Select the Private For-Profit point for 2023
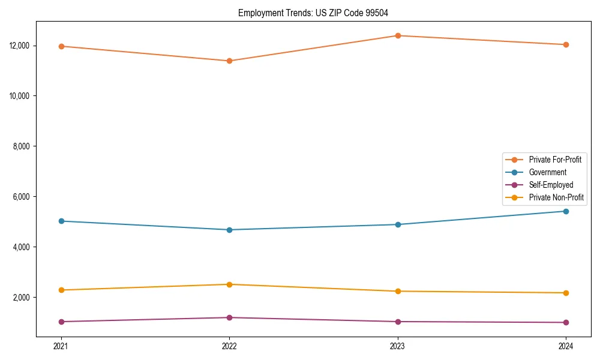tap(397, 35)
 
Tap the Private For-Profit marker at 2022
tap(229, 61)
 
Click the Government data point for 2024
tap(566, 211)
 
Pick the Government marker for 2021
tap(61, 221)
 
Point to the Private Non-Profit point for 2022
tap(229, 284)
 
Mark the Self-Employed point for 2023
tap(397, 322)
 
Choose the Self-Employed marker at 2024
tap(566, 322)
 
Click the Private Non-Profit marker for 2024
tap(566, 293)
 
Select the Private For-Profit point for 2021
tap(61, 46)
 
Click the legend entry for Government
tap(547, 172)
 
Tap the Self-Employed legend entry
tap(551, 185)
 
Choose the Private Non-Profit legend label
tap(556, 197)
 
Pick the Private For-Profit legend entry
tap(554, 160)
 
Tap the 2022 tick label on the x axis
tap(229, 346)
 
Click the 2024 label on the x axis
tap(566, 346)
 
